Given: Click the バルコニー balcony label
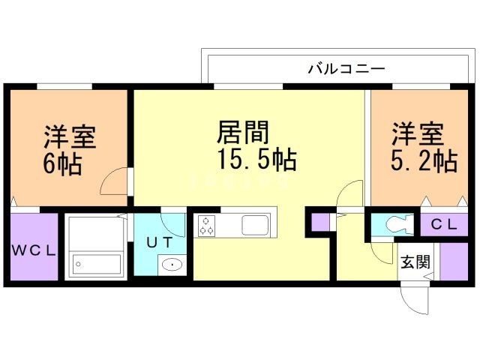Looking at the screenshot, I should pos(346,69).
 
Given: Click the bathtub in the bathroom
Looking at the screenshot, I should pos(96,265).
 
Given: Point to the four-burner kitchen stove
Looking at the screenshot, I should pos(207,224).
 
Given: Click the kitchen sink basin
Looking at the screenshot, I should pos(255,224).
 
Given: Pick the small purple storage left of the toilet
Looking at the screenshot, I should pos(320,223).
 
